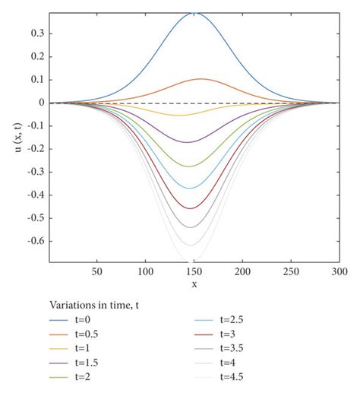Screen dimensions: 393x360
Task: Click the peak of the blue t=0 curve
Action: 194,13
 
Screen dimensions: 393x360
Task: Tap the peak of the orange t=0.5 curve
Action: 201,79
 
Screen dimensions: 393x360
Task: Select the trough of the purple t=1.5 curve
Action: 187,142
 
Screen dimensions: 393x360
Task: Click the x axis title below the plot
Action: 194,284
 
